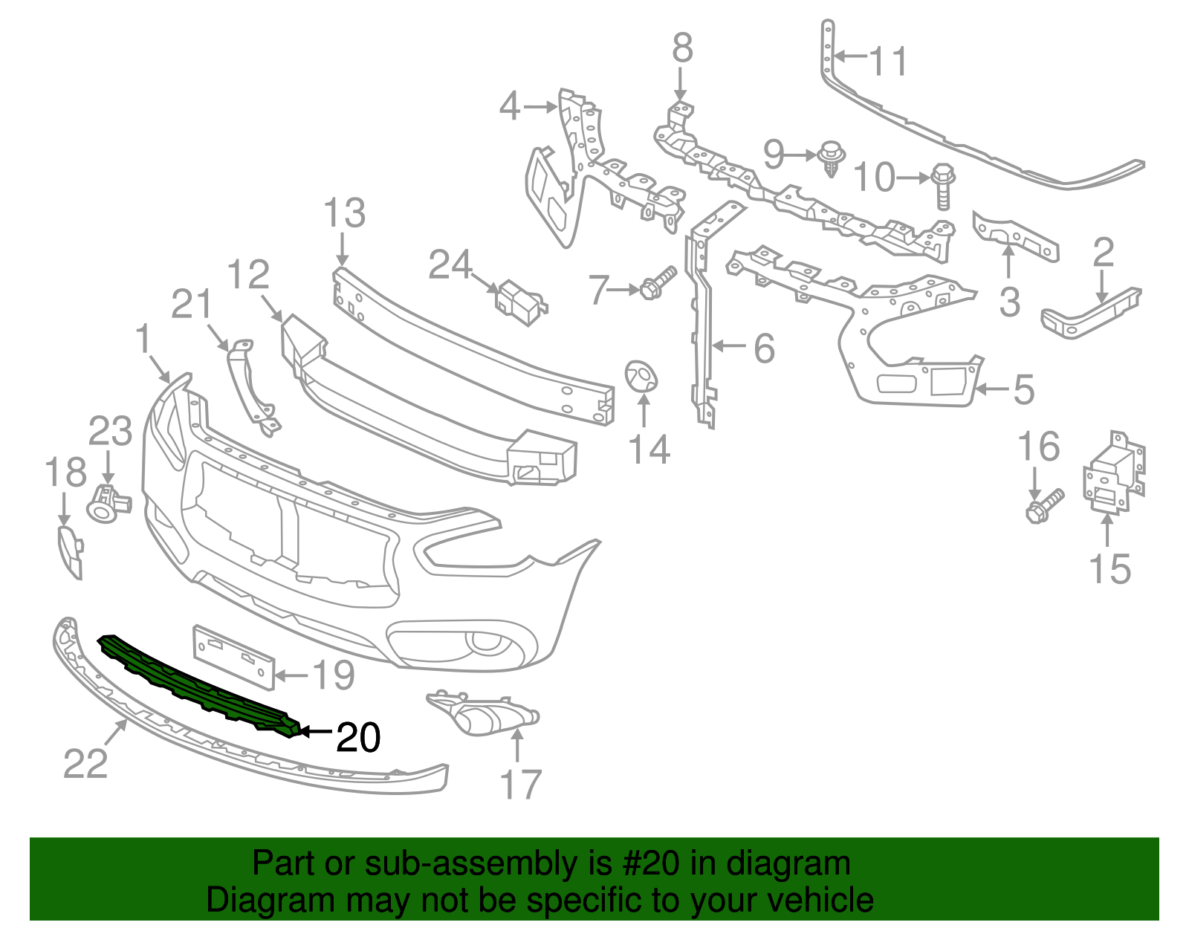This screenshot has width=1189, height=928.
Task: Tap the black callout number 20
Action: click(x=358, y=737)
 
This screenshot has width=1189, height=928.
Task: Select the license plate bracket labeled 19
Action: click(x=233, y=655)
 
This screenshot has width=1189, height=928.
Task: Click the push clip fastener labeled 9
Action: click(x=831, y=158)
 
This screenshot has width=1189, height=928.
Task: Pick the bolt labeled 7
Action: click(x=658, y=283)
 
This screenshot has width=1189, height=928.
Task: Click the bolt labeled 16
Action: click(x=1045, y=506)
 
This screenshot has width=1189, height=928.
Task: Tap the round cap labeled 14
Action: click(x=641, y=376)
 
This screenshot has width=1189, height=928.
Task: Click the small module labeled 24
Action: click(x=521, y=302)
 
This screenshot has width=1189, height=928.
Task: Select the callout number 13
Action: click(x=344, y=213)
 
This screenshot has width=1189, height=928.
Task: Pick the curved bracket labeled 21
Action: click(x=251, y=386)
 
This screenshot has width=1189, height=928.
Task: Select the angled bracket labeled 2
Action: click(x=1091, y=313)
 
